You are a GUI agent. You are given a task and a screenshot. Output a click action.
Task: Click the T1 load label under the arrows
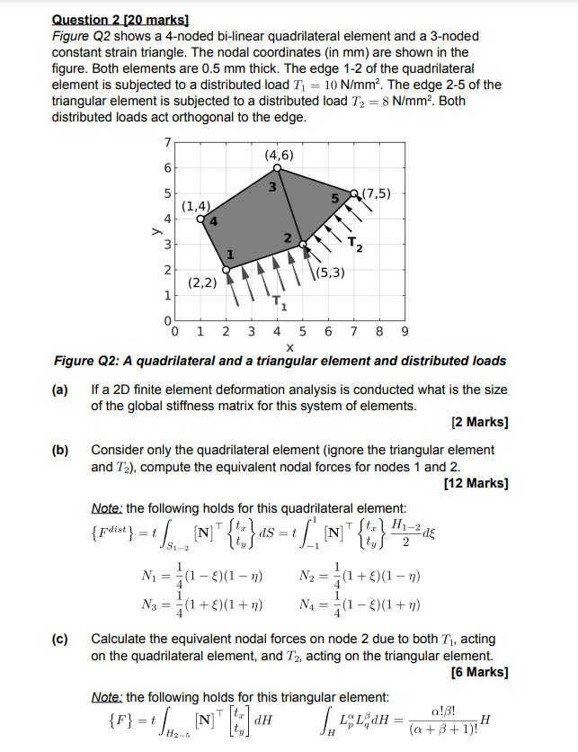pos(282,306)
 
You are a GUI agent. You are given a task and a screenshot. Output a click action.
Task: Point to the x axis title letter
pos(289,347)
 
